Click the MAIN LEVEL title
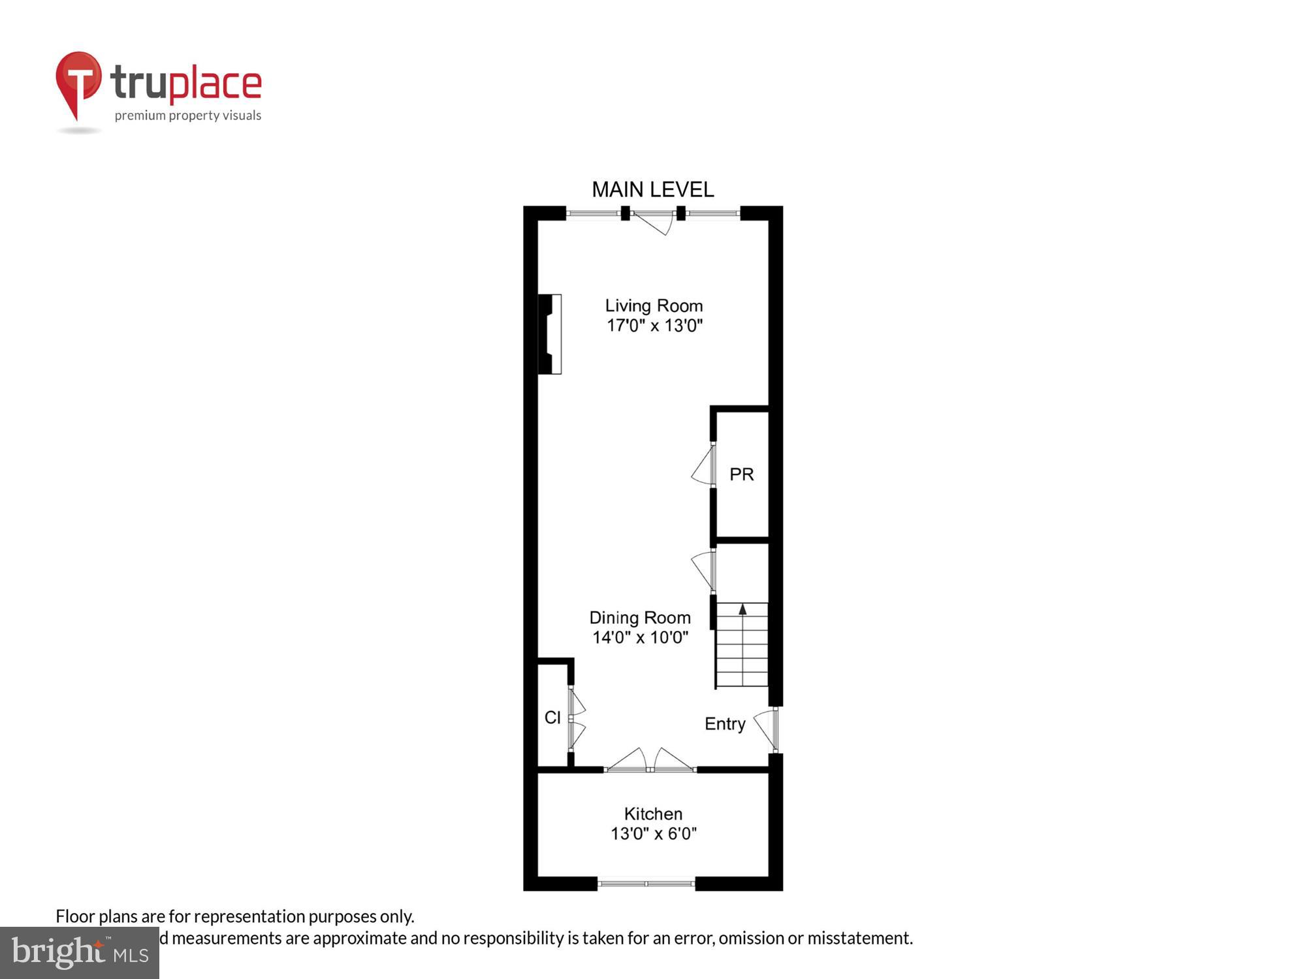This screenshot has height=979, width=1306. pos(652,190)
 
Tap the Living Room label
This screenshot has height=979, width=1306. pos(654,305)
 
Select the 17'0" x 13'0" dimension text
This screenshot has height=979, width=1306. pos(654,325)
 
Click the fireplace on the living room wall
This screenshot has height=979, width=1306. pos(550,334)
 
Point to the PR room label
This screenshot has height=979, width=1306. pos(741,474)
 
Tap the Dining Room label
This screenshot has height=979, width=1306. pos(639,617)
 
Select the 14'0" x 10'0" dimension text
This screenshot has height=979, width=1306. pos(640,637)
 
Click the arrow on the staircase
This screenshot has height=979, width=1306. pos(742,610)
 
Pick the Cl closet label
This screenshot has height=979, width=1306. pos(552,718)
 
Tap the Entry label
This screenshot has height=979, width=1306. pos(725,724)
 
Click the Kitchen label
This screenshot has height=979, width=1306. pos(653,814)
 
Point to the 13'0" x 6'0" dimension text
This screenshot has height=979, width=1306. pos(653,833)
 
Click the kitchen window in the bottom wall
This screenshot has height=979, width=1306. pos(646,884)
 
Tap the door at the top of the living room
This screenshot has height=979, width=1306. pos(653,221)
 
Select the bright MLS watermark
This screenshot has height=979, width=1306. pos(80,953)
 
